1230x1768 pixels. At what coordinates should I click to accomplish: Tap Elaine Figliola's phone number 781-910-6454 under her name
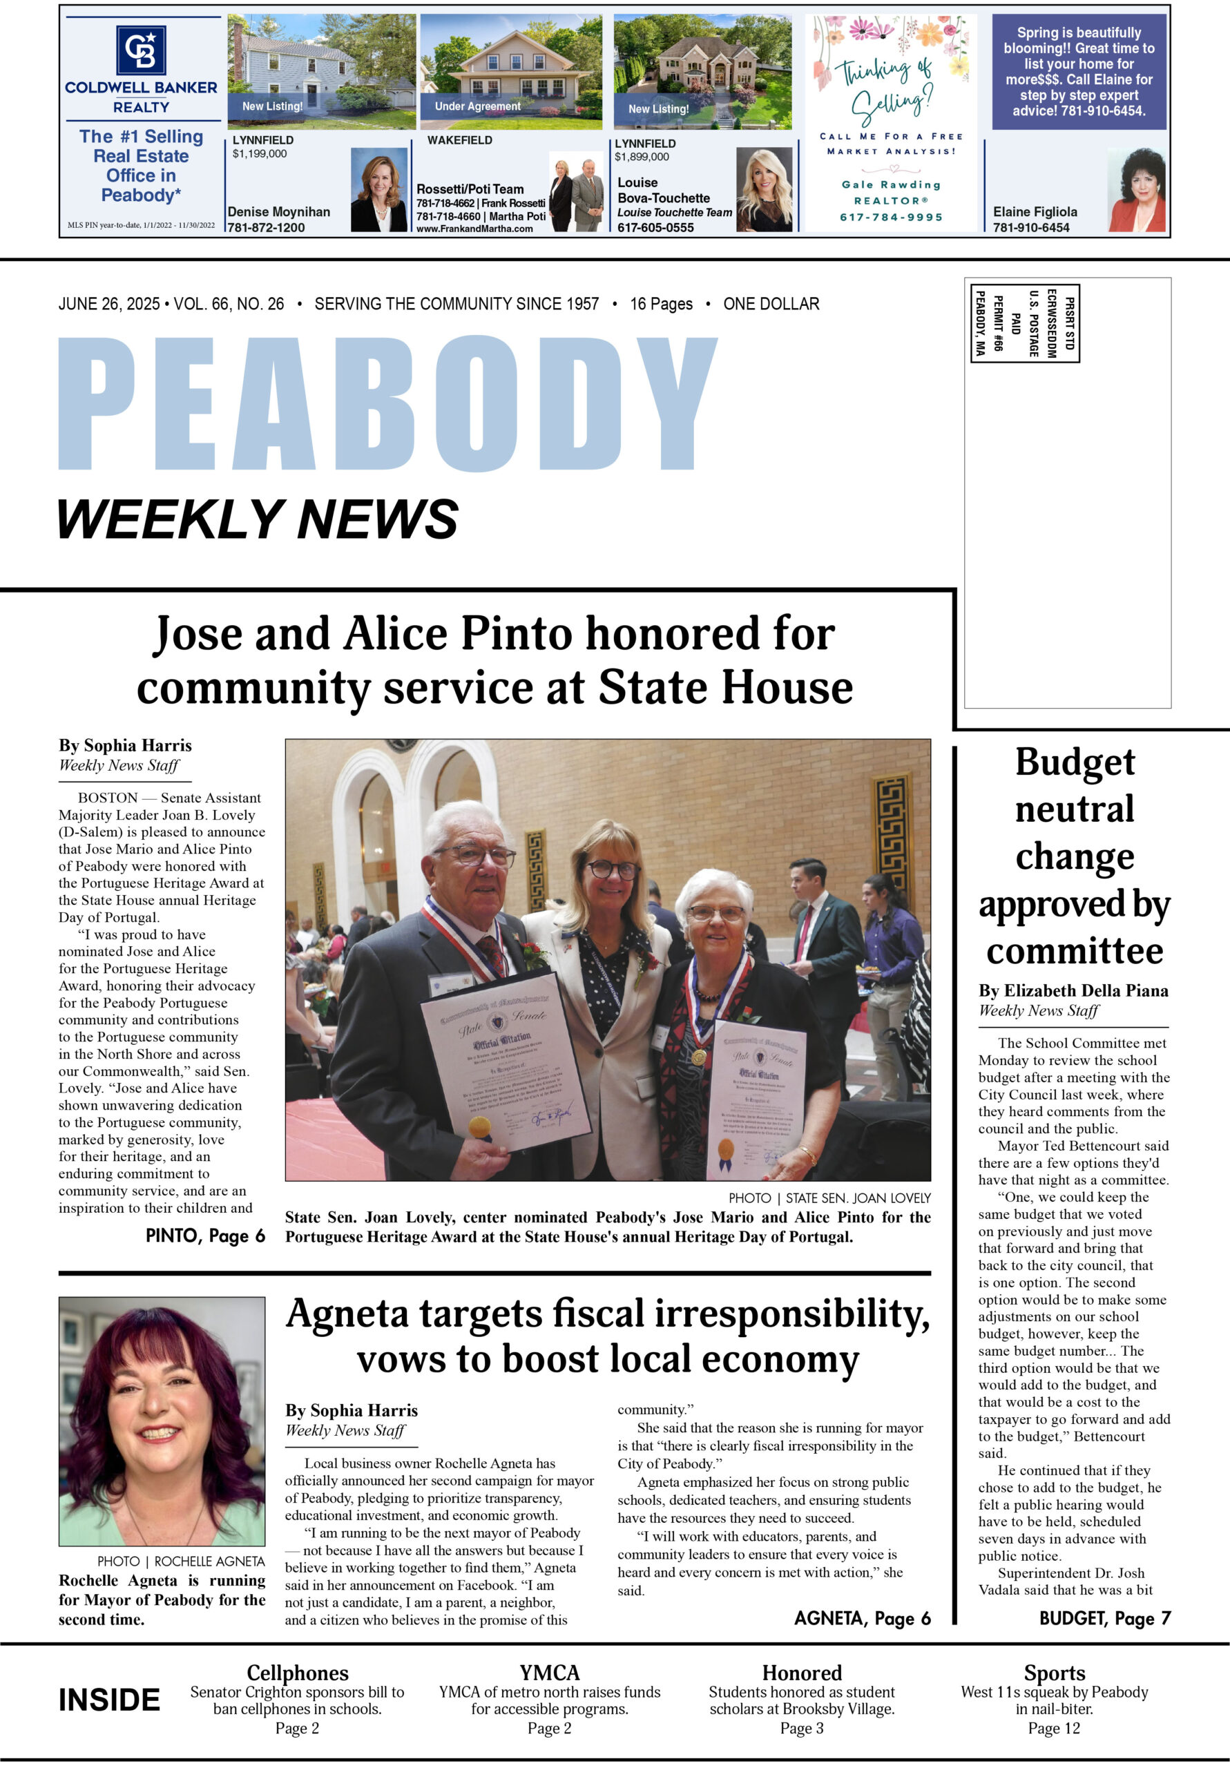click(1030, 227)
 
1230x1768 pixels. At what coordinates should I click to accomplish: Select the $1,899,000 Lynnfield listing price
click(642, 157)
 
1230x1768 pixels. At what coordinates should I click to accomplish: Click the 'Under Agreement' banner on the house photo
click(477, 106)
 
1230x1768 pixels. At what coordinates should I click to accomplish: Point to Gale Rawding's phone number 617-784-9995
click(891, 217)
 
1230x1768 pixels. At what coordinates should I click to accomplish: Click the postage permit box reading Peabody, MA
click(1024, 323)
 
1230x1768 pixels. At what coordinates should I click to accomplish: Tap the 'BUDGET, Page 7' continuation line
click(1104, 1618)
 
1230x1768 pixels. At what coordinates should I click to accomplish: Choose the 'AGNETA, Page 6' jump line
click(862, 1618)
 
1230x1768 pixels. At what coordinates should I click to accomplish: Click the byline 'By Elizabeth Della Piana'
click(1073, 991)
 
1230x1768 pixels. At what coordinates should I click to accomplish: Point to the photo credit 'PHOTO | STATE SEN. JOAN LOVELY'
click(829, 1198)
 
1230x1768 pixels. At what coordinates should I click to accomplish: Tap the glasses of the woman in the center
click(613, 870)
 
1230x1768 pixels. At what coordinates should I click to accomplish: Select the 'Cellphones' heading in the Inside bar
click(297, 1673)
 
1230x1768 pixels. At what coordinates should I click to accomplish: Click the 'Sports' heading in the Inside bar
click(1054, 1673)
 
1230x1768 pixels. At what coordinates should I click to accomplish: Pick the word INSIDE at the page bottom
click(109, 1700)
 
